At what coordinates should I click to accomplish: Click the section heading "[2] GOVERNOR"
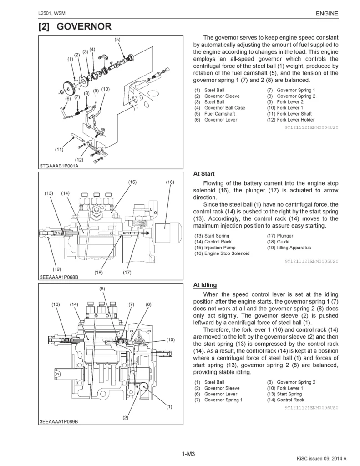tap(75, 27)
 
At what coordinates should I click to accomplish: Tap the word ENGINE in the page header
tap(327, 14)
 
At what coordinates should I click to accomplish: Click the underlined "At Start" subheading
tap(204, 174)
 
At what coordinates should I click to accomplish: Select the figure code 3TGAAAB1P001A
tap(59, 166)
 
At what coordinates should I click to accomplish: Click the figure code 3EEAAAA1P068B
tap(59, 277)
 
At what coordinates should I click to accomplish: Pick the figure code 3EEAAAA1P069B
tap(59, 422)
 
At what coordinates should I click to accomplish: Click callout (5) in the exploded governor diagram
tap(117, 40)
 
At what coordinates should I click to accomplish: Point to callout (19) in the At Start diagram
tap(57, 269)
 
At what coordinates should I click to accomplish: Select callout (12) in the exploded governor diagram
tap(79, 159)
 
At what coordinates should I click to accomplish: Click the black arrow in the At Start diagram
tap(144, 233)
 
